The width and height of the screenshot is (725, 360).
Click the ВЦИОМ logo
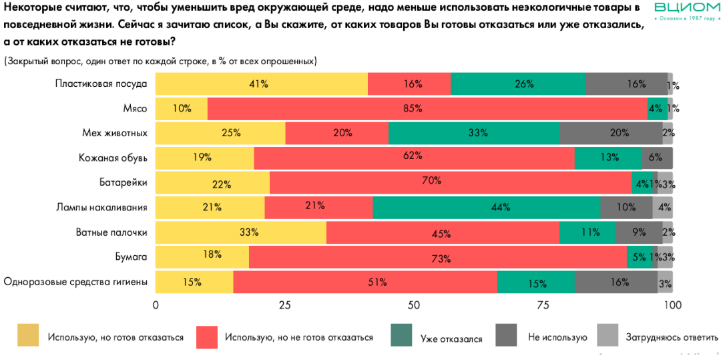(687, 11)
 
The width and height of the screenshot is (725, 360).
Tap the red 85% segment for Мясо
(427, 108)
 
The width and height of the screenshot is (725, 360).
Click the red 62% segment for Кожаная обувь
(414, 158)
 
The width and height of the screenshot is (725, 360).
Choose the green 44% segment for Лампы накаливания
(487, 208)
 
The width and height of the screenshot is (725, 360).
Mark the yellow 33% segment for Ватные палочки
(241, 232)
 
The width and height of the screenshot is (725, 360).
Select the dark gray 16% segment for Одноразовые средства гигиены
(616, 282)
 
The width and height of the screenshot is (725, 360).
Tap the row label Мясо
(136, 108)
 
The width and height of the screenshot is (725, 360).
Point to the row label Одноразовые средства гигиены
(75, 282)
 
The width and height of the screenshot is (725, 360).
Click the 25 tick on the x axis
(285, 305)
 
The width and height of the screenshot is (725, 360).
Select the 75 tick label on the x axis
(543, 305)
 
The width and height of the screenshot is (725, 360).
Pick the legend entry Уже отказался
(451, 338)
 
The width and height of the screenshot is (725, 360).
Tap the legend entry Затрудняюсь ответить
(663, 338)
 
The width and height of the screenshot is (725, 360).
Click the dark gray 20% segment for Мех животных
(611, 133)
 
